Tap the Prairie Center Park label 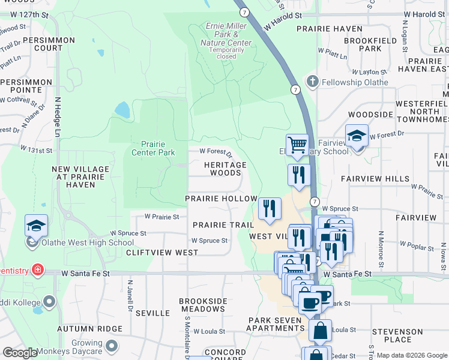click(153, 148)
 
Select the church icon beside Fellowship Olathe click(312, 80)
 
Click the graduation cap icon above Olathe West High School click(36, 226)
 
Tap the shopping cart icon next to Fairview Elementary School click(297, 145)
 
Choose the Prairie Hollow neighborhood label click(221, 199)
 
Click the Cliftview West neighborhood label click(162, 253)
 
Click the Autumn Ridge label click(89, 329)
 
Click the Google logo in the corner click(20, 353)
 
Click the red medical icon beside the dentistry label click(38, 270)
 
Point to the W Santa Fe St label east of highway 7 click(347, 274)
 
